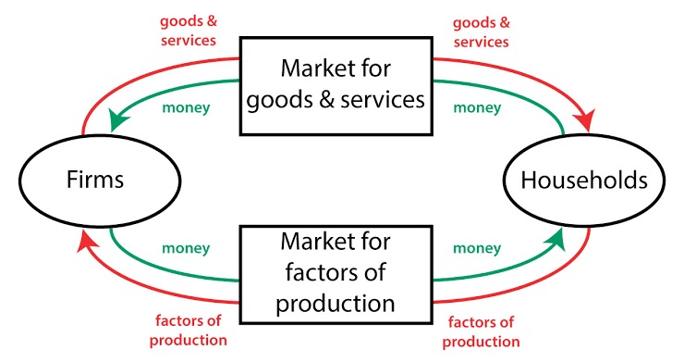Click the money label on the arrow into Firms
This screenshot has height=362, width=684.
[x=187, y=107]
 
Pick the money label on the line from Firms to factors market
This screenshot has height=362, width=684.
[x=185, y=248]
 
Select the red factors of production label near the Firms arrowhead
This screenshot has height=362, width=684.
[x=189, y=331]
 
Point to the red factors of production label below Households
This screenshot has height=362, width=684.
[x=481, y=331]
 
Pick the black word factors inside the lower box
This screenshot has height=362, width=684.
[x=314, y=274]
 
